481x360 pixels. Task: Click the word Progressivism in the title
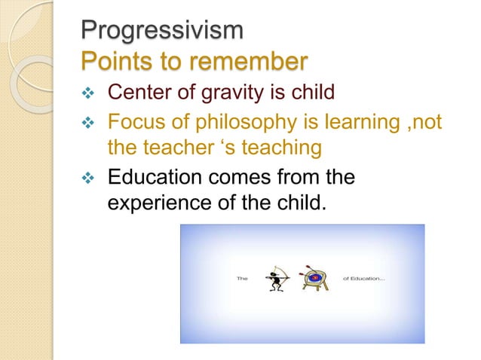(x=162, y=32)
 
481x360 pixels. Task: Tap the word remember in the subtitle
(x=243, y=61)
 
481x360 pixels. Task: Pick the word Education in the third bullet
(x=155, y=178)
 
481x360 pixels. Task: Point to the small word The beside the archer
(x=243, y=278)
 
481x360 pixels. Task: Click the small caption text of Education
(x=365, y=278)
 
